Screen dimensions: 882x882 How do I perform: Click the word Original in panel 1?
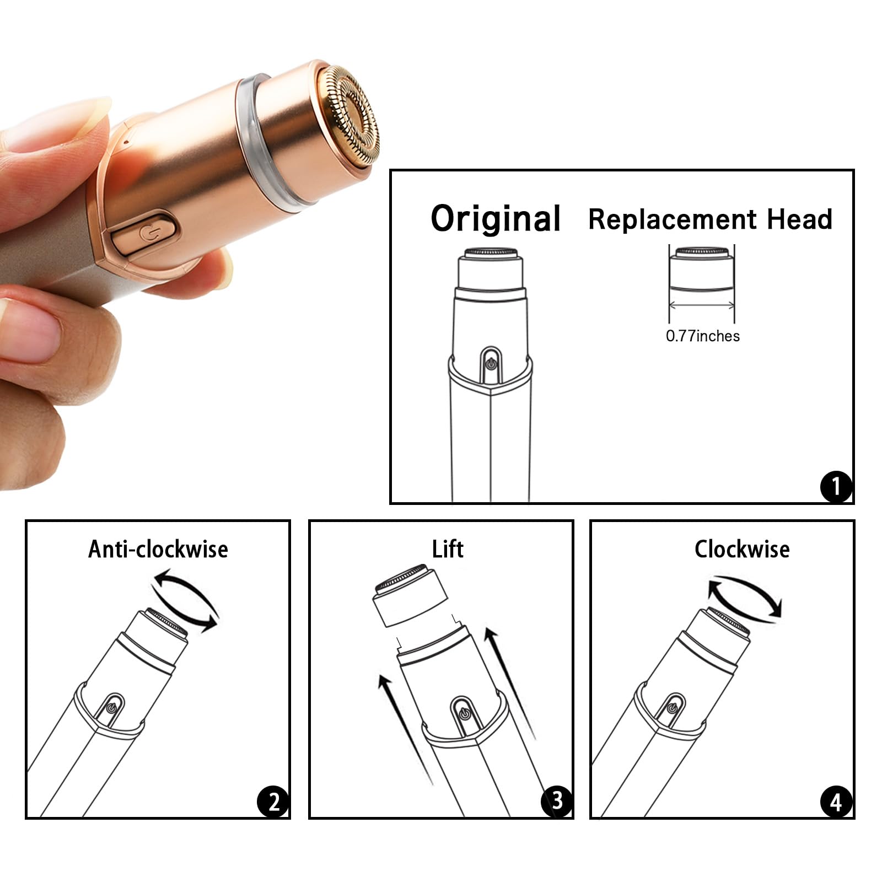pos(495,219)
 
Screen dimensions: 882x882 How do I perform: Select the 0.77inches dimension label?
pos(702,336)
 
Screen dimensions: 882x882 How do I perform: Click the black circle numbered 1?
pos(836,486)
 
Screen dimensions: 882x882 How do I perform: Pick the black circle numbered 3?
pos(556,800)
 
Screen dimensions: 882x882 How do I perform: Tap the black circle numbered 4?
pos(836,802)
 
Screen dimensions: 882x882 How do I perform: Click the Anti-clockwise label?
pos(158,550)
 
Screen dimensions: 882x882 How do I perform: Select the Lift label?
pos(447,550)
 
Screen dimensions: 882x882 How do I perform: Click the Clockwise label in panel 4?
pos(741,550)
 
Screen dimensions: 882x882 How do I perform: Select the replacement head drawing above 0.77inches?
pos(702,270)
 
